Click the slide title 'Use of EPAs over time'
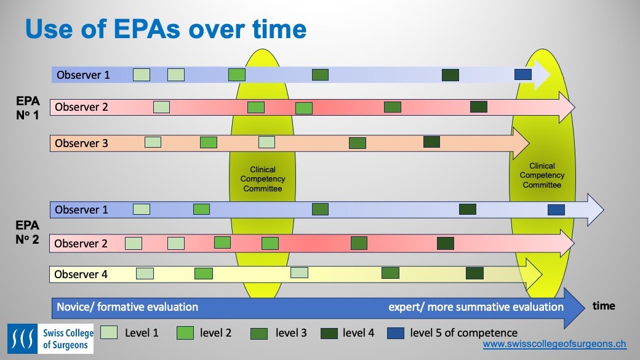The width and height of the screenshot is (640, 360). pyautogui.click(x=165, y=29)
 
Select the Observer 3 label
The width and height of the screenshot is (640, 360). pyautogui.click(x=81, y=143)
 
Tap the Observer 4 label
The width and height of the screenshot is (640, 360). pyautogui.click(x=81, y=274)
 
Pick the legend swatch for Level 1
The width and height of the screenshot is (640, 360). pyautogui.click(x=109, y=333)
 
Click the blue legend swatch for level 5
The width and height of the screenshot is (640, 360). pyautogui.click(x=396, y=333)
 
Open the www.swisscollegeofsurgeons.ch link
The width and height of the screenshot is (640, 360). pyautogui.click(x=554, y=345)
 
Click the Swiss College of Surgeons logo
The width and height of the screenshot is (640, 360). pyautogui.click(x=50, y=338)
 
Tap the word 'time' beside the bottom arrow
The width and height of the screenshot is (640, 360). pyautogui.click(x=603, y=306)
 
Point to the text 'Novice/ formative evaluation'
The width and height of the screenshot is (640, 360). pyautogui.click(x=127, y=306)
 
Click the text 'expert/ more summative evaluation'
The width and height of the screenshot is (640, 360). pyautogui.click(x=476, y=306)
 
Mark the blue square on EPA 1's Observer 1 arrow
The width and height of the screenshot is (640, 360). pyautogui.click(x=522, y=74)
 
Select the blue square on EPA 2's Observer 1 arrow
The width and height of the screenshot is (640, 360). pyautogui.click(x=556, y=210)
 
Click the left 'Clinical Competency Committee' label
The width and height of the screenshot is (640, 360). pyautogui.click(x=263, y=179)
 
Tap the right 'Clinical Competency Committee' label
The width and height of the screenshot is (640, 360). pyautogui.click(x=542, y=175)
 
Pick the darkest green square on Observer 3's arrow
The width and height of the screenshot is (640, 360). pyautogui.click(x=431, y=142)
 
